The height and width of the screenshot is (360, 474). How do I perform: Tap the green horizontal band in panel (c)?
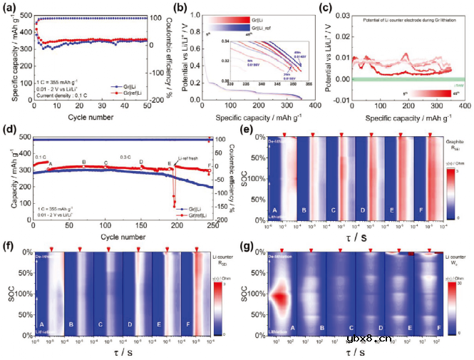pyautogui.click(x=406, y=78)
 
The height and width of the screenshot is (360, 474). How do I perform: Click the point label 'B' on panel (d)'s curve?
pyautogui.click(x=84, y=163)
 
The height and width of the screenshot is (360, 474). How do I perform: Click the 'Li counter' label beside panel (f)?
pyautogui.click(x=220, y=256)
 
